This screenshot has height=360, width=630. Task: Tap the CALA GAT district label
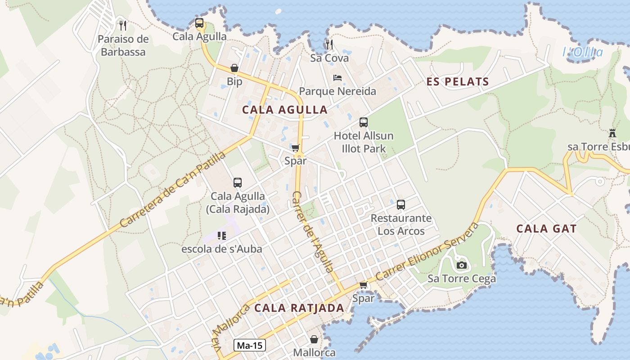[x=546, y=229]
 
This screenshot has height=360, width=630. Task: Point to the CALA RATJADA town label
[x=299, y=308]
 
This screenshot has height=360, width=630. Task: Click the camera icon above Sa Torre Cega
[x=461, y=265]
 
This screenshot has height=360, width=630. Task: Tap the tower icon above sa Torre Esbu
[x=612, y=133]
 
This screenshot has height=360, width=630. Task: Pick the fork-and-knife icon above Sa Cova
[x=329, y=44]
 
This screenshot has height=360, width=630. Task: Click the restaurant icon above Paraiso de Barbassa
[x=121, y=25]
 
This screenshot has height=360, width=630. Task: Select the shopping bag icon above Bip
[x=234, y=68]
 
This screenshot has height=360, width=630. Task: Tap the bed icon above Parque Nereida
[x=337, y=78]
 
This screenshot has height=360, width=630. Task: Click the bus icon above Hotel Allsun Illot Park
[x=364, y=122]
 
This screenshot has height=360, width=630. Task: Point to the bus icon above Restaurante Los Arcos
[x=401, y=205]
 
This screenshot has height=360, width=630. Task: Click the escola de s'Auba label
[x=221, y=248]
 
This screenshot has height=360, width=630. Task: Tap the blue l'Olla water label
[x=582, y=52]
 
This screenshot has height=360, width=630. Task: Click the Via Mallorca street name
[x=230, y=328]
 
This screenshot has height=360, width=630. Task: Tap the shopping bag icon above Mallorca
[x=314, y=339]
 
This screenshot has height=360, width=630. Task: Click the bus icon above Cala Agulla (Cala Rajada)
[x=238, y=183]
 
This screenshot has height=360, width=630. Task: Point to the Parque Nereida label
[x=337, y=91]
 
